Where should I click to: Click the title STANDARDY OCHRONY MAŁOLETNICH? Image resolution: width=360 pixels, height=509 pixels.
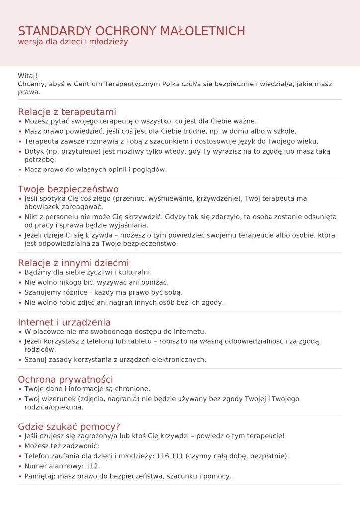click(x=131, y=31)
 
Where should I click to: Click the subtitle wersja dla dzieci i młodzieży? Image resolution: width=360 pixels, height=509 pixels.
click(x=73, y=42)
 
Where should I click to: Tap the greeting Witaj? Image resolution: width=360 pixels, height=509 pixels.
click(x=28, y=76)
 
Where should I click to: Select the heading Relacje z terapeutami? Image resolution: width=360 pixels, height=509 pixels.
click(x=67, y=112)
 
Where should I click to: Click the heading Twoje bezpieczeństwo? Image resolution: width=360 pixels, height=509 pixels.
click(x=68, y=189)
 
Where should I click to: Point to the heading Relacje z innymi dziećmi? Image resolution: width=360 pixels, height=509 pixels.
click(x=73, y=263)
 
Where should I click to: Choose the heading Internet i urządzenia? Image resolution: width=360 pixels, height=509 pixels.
click(x=64, y=322)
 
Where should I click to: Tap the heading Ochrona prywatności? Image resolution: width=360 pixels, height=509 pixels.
click(x=66, y=380)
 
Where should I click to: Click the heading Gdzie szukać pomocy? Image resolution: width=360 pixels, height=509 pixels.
click(x=69, y=427)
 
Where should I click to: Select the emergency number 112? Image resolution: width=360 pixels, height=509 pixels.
click(x=92, y=466)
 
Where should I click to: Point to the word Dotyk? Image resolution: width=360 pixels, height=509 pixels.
click(x=34, y=151)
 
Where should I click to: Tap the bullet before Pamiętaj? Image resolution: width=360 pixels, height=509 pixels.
click(x=20, y=476)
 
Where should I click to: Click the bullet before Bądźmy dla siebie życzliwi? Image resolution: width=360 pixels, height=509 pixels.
click(x=20, y=273)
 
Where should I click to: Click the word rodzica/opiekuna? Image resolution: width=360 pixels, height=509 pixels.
click(x=53, y=407)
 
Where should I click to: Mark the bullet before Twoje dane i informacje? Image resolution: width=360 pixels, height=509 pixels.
click(x=20, y=389)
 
